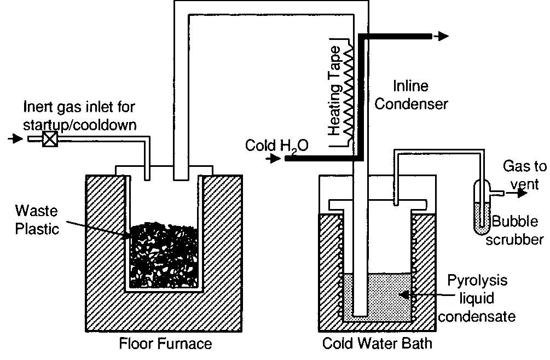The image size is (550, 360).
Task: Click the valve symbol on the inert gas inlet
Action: tap(50, 140)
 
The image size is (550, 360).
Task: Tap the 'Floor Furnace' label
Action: tap(165, 344)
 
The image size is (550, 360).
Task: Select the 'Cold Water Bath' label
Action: tap(377, 344)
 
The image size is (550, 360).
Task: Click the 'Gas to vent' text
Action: tap(520, 176)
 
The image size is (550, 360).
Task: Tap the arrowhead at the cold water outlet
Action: tap(442, 36)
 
